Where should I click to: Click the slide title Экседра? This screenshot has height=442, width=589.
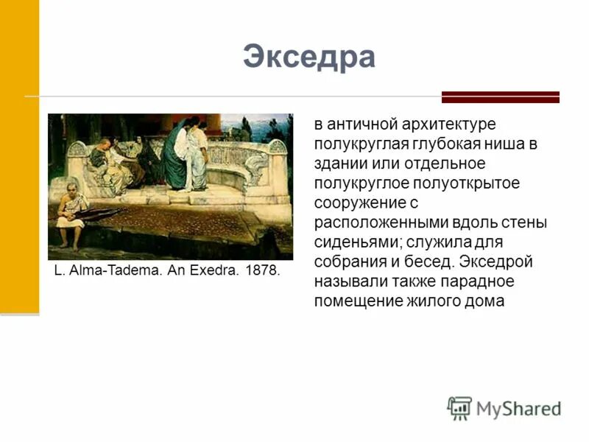309,57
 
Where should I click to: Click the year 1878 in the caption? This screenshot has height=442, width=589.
263,270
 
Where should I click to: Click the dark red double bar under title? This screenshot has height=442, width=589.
500,97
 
